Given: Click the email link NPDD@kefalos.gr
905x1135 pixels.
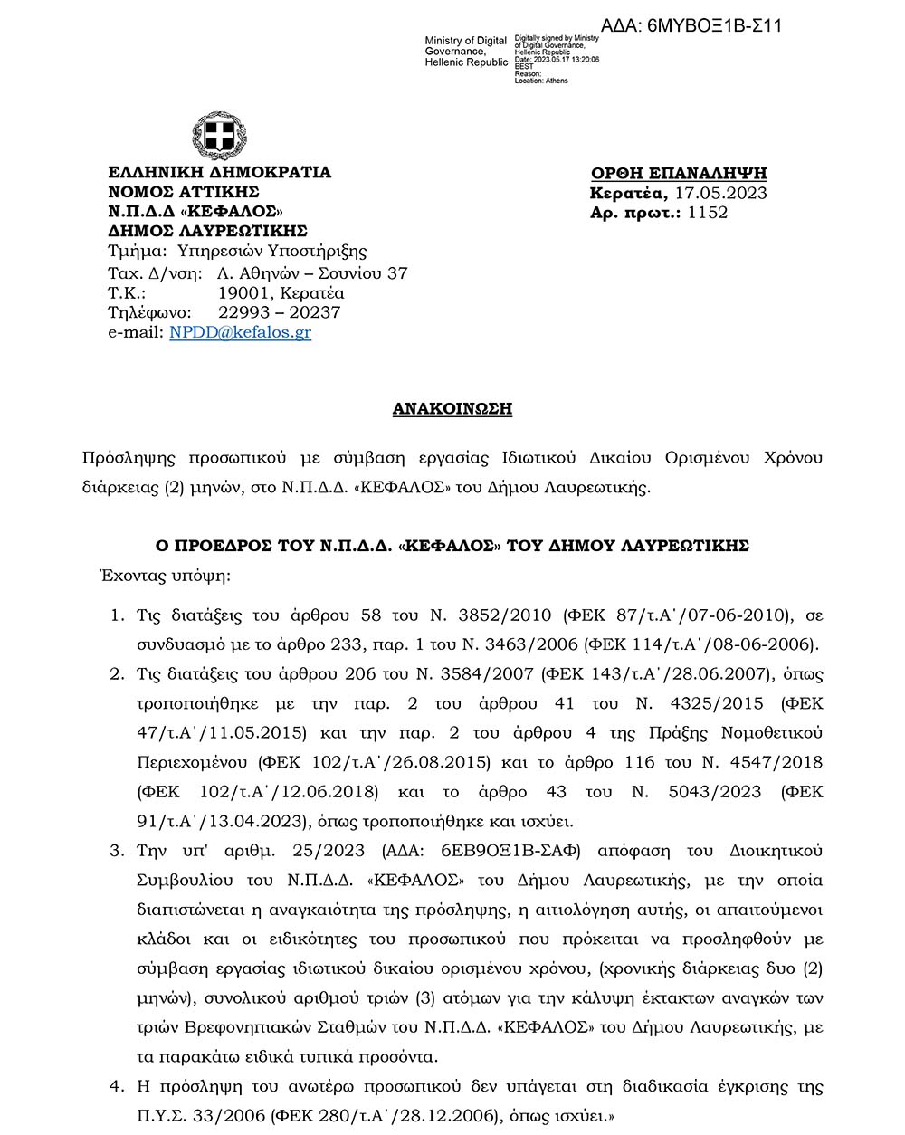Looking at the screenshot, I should point(240,332).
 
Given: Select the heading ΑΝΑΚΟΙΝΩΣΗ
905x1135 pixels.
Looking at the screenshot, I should point(452,409).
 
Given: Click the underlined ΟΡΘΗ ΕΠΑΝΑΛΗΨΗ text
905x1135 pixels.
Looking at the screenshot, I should point(679,173).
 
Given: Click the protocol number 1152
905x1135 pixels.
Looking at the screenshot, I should point(708,213).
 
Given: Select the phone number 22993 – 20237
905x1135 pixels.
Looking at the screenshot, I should point(280,312).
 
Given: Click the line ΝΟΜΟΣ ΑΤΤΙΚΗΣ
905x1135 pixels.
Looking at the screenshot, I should point(184,192).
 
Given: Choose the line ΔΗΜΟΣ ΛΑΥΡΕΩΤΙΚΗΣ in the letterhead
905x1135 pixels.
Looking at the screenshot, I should point(207,231).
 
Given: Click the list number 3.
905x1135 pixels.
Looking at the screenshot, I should point(116,851).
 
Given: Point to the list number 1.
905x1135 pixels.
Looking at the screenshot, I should point(116,615).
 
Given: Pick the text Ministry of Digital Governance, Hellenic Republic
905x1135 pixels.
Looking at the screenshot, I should point(465,52).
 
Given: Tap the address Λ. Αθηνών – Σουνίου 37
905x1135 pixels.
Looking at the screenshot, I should point(313,273).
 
